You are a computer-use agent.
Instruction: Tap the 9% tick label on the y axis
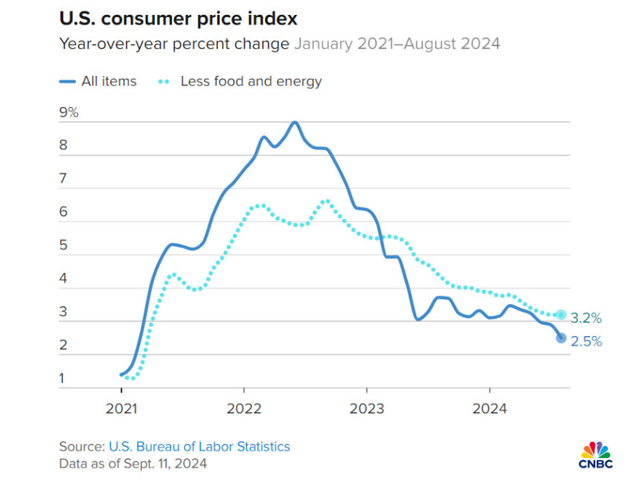[x=69, y=113]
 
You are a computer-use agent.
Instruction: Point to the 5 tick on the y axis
[x=64, y=245]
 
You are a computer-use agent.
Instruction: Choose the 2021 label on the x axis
[x=121, y=408]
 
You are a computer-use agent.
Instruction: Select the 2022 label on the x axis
[x=243, y=408]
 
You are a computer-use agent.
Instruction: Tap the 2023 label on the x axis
[x=366, y=408]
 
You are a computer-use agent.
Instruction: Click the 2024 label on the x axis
[x=490, y=408]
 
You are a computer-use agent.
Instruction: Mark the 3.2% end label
[x=586, y=318]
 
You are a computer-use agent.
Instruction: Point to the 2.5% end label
[x=586, y=342]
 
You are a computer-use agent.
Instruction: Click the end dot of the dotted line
[x=561, y=315]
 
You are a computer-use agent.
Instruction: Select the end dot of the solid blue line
[x=561, y=338]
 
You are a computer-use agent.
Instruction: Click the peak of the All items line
[x=295, y=122]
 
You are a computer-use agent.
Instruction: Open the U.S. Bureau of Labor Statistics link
[x=199, y=447]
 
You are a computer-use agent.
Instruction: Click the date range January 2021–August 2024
[x=397, y=44]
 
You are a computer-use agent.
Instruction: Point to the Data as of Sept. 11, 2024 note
[x=132, y=463]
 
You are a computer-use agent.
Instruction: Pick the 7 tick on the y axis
[x=64, y=179]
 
